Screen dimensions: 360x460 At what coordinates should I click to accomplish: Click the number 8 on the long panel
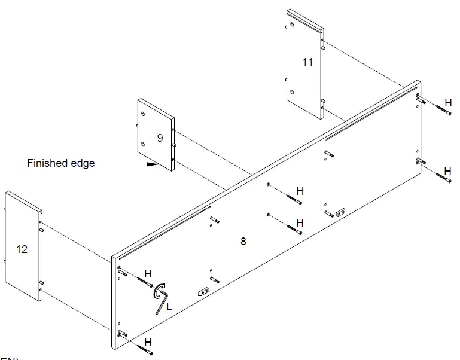click(243, 242)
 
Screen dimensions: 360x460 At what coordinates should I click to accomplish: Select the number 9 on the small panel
click(160, 138)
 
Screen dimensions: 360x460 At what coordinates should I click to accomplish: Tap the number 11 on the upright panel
click(307, 62)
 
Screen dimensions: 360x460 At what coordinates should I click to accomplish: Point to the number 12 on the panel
click(22, 249)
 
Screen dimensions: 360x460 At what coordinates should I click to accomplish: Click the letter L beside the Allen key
click(170, 306)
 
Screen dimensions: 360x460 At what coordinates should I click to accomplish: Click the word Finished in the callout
click(47, 163)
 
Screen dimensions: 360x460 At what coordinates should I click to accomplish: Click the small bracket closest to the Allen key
click(202, 292)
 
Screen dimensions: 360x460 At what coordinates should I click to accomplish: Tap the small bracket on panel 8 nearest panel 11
click(341, 210)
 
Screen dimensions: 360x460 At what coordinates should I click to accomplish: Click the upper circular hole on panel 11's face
click(292, 25)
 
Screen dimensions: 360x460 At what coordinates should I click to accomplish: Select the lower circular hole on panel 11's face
click(292, 91)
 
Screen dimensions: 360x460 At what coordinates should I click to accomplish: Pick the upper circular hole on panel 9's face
click(143, 114)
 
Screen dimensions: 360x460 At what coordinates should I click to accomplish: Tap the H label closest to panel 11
click(448, 102)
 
